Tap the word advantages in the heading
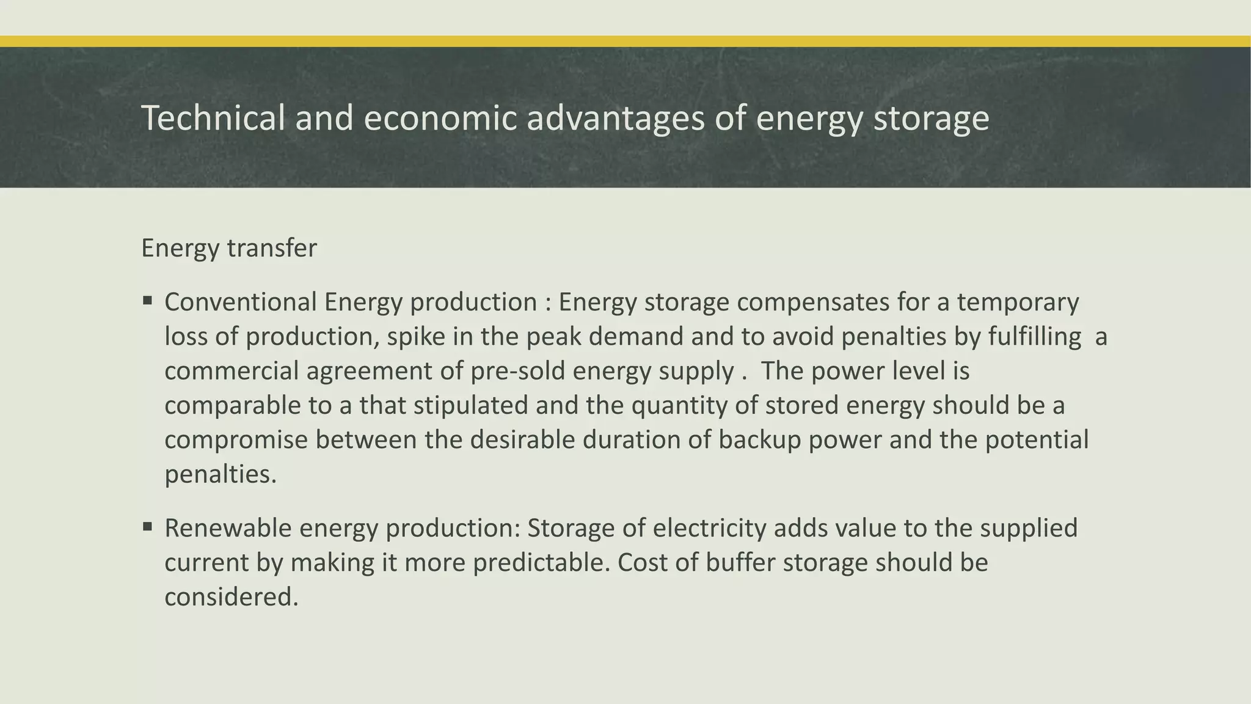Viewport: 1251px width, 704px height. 615,118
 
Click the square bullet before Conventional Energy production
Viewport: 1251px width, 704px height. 147,301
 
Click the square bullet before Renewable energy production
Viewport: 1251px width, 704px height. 147,526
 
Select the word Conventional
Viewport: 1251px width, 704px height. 241,302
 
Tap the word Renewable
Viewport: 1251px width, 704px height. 228,528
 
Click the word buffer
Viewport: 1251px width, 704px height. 740,562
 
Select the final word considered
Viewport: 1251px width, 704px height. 232,597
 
